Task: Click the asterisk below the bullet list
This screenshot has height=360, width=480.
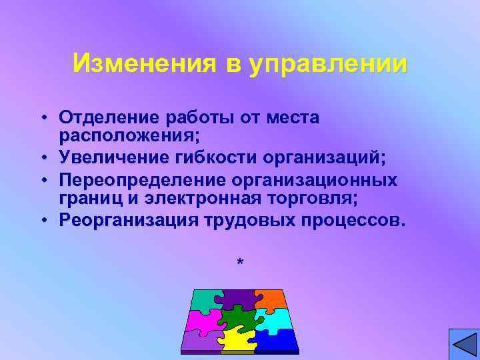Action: pyautogui.click(x=240, y=263)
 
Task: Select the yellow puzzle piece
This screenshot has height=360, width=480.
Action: pyautogui.click(x=238, y=339)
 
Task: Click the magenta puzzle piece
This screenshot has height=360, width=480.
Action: pyautogui.click(x=204, y=319)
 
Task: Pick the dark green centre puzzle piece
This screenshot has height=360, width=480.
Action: pyautogui.click(x=238, y=319)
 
